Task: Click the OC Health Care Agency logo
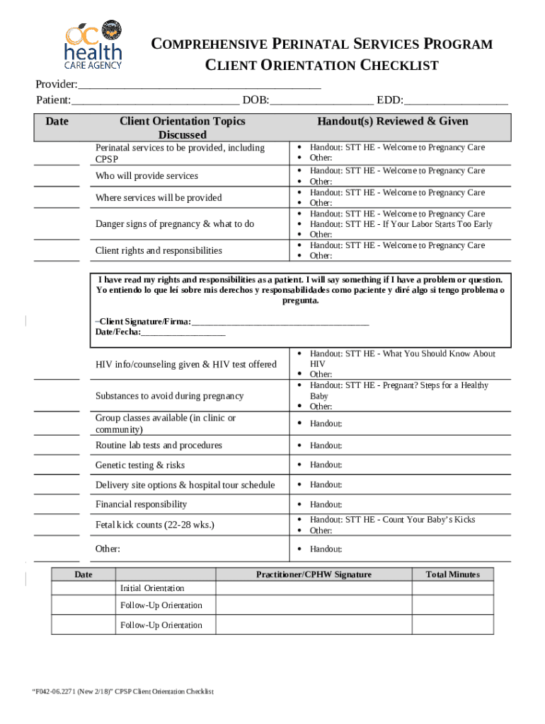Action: coord(93,47)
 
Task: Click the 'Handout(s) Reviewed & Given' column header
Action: coord(392,122)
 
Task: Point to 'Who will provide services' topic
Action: coord(147,176)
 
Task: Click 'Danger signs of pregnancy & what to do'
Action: coord(174,224)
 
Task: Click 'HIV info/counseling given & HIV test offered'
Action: coord(186,364)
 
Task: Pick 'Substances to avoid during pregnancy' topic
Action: coord(169,396)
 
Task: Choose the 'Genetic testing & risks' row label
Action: coord(140,465)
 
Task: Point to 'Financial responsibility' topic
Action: coord(142,504)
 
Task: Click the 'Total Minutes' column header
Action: coord(452,575)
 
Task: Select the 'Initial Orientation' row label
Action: coord(151,588)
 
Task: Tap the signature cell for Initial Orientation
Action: coord(314,588)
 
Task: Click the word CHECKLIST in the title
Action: coord(396,66)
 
